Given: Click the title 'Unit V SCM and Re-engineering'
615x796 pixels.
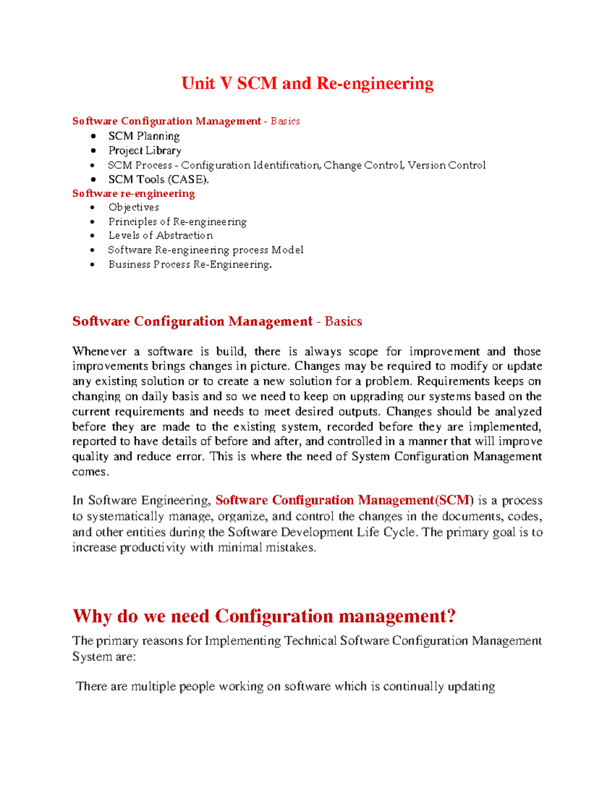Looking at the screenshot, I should click(x=307, y=83).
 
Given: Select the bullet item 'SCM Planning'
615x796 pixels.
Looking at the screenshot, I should click(x=144, y=136).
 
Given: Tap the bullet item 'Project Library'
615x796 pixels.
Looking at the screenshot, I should click(x=145, y=151).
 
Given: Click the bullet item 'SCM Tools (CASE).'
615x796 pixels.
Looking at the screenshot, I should click(x=159, y=179).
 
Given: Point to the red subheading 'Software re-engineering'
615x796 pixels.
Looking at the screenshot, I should click(x=133, y=193).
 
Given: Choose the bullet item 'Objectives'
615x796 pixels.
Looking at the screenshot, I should click(x=134, y=207).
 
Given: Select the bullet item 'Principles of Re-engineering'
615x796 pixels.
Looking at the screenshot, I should click(x=177, y=221).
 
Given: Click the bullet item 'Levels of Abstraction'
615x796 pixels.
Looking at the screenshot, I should click(x=160, y=235).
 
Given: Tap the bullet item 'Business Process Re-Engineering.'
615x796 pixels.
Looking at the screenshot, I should click(x=190, y=264).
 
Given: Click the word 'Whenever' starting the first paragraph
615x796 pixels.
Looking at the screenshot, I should click(x=99, y=352).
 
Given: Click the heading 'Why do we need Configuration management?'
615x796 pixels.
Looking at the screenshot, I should click(x=264, y=616).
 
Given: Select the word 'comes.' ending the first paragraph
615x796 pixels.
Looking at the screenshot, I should click(x=91, y=472).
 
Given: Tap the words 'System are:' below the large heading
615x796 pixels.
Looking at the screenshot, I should click(x=104, y=657).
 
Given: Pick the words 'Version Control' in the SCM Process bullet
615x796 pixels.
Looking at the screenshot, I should click(x=446, y=165).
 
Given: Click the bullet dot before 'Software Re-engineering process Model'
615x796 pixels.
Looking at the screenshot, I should click(x=93, y=250).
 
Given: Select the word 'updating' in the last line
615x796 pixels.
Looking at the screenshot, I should click(x=471, y=686).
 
